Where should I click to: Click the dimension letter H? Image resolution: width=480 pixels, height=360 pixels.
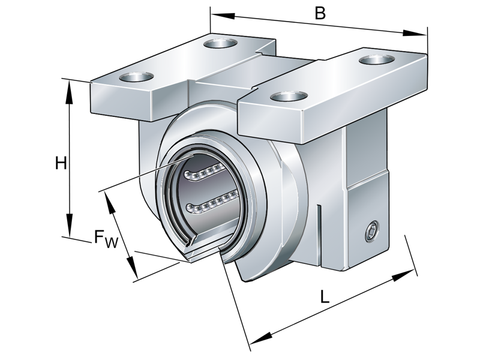point(61,163)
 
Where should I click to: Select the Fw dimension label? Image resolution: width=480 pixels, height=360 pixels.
point(106,239)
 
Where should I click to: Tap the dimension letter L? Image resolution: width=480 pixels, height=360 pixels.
point(324,296)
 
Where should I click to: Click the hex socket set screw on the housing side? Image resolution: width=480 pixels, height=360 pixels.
point(371,232)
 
